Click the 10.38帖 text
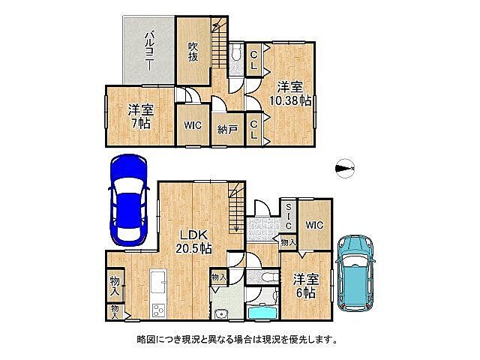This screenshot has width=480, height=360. click(286, 100)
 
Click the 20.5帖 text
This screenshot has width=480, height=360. click(193, 248)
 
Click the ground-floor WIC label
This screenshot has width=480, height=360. click(314, 224)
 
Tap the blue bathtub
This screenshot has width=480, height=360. click(260, 313)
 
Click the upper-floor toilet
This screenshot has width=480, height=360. click(236, 53)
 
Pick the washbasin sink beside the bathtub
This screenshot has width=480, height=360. click(222, 313)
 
